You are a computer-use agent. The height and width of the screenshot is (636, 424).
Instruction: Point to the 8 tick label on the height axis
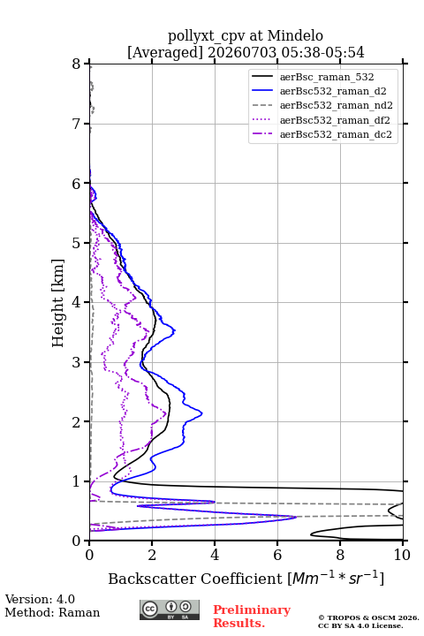pos(77,64)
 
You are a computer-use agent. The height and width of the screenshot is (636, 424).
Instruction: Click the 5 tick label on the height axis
pos(77,244)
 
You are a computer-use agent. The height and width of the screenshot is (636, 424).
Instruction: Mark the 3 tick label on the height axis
pos(77,362)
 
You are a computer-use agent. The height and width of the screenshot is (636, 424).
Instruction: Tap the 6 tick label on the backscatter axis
pos(277,555)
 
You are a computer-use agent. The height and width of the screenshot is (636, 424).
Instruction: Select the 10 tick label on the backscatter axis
pos(402,555)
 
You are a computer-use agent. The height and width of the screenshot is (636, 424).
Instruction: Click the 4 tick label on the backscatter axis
pos(215,555)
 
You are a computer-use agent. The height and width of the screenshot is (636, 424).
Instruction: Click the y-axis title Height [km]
pos(58,303)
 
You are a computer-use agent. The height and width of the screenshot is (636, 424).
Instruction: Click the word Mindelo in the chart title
pos(295,36)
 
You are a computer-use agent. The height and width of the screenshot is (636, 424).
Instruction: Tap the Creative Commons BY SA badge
pos(170,609)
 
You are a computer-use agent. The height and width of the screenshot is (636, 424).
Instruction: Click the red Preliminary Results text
pos(252,617)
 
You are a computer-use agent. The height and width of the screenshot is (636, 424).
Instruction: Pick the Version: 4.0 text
pos(40,599)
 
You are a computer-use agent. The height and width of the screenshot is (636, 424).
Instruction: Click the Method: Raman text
pos(52,612)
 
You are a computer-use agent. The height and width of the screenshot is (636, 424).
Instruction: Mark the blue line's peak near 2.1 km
pos(201,413)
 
